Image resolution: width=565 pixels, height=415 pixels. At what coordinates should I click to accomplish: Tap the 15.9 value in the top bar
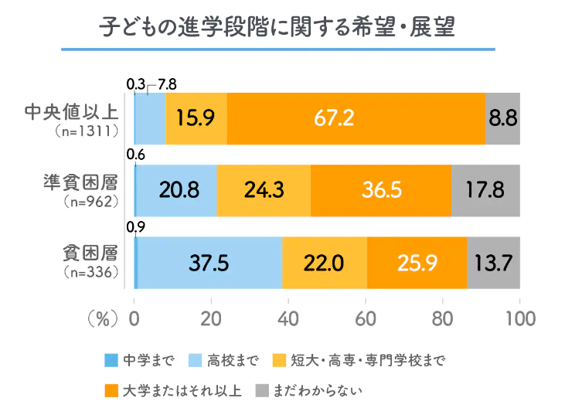coord(196,117)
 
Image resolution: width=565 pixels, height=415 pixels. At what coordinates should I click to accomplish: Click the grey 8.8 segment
coord(503,117)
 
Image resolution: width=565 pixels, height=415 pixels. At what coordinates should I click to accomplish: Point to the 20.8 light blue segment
coord(176,190)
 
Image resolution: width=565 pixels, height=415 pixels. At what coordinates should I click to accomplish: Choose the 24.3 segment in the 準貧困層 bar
coord(263,190)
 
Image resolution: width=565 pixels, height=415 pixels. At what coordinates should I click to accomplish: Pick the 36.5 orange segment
coord(380,190)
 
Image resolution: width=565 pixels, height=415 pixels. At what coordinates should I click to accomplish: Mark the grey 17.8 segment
coord(485,190)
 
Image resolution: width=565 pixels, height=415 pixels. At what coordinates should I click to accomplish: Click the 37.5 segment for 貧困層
coord(209,263)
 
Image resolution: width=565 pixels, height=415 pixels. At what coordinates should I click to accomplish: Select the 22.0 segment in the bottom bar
coord(324,263)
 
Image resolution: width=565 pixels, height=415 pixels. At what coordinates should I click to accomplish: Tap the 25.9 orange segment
coord(417,263)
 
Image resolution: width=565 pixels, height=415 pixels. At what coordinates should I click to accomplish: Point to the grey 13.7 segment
coord(493,263)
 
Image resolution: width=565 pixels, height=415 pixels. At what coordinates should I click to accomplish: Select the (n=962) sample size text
coord(88,203)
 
